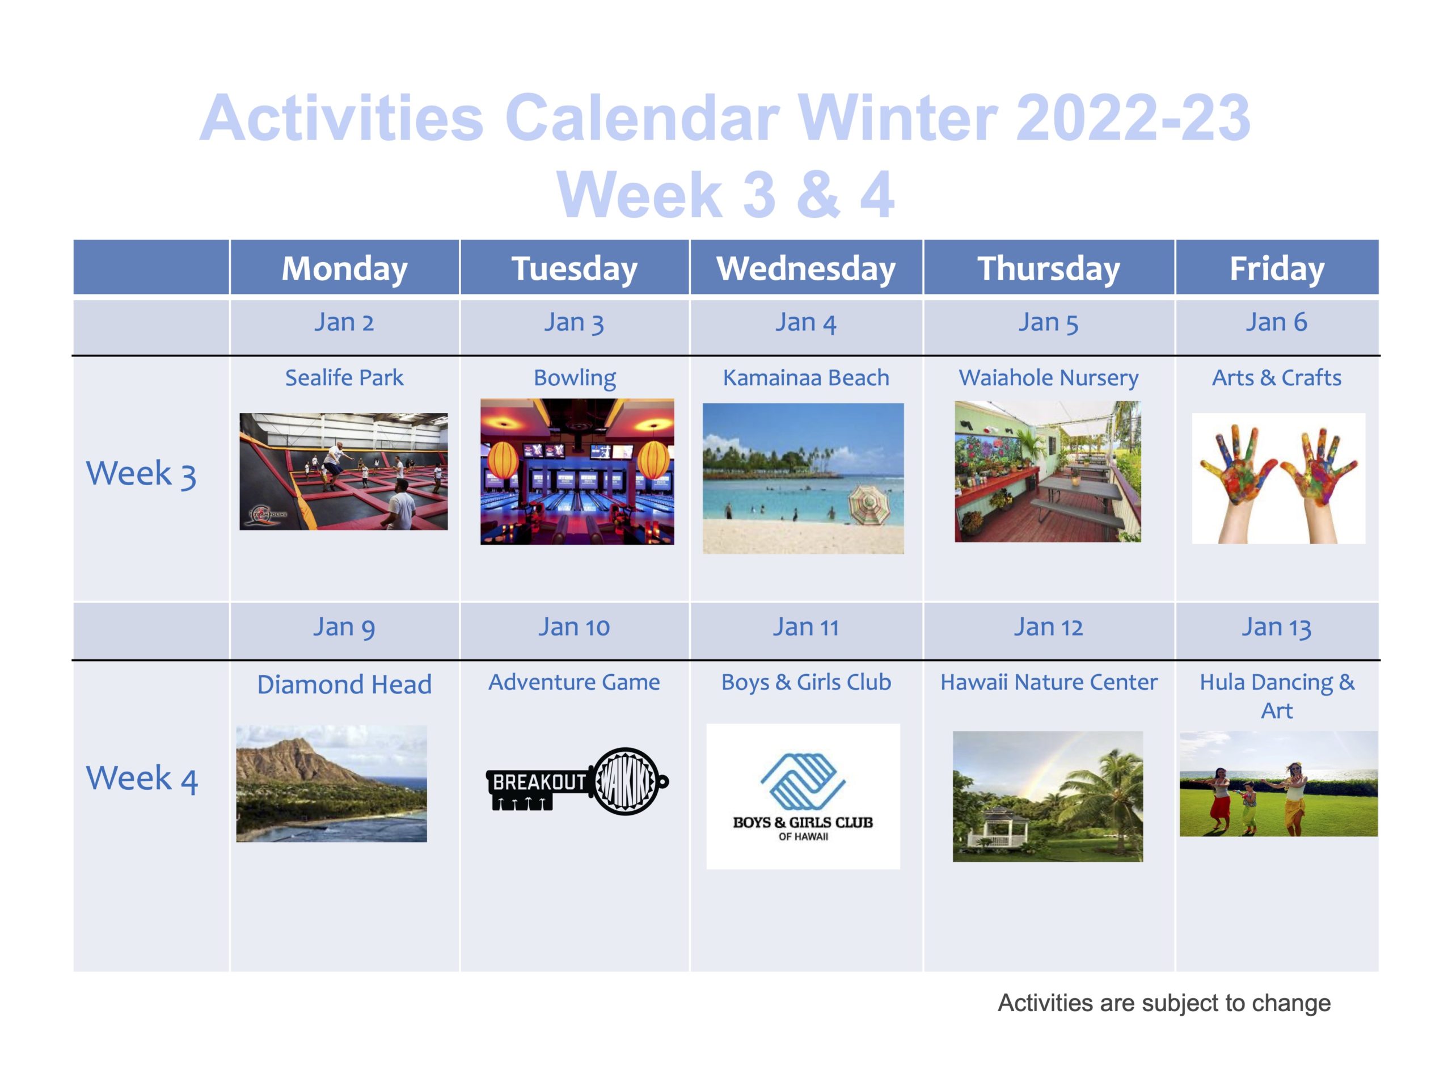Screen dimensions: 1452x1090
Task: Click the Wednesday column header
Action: click(x=805, y=268)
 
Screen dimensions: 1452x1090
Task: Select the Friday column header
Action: click(x=1277, y=268)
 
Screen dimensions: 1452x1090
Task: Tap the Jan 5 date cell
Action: click(x=1048, y=322)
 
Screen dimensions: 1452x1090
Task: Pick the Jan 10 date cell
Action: click(x=575, y=627)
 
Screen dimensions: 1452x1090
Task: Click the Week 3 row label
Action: click(x=141, y=474)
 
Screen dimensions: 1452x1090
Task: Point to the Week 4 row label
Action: click(x=142, y=778)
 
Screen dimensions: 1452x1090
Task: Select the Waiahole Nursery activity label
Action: click(x=1048, y=378)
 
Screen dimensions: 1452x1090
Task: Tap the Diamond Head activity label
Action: click(x=344, y=684)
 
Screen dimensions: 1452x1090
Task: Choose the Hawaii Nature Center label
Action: click(x=1048, y=682)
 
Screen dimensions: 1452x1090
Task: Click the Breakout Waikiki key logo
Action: click(x=577, y=781)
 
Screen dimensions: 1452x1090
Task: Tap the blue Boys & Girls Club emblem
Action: click(x=803, y=781)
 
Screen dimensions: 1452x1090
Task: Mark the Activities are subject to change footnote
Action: click(x=1164, y=1003)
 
